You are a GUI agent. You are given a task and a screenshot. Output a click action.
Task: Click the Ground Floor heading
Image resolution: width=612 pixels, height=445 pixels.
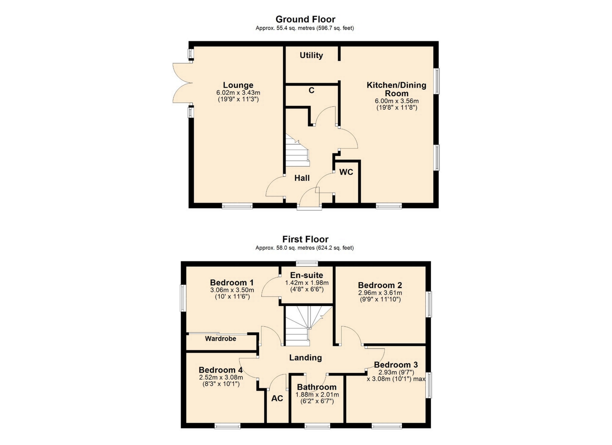[x=305, y=19]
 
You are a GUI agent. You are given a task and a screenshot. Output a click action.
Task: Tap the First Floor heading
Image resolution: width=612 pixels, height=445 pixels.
[x=305, y=239]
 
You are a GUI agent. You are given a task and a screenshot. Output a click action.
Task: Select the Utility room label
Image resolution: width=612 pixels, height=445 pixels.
[x=311, y=55]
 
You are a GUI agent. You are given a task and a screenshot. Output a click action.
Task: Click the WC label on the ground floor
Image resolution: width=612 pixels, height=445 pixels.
[x=346, y=172]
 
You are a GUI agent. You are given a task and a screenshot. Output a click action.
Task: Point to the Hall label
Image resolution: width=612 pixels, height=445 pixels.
[x=302, y=178]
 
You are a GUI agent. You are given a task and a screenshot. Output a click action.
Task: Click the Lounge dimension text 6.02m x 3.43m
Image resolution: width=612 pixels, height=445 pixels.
[x=238, y=93]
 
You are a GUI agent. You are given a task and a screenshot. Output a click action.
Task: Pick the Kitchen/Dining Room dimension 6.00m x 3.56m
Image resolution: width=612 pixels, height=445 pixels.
[x=397, y=101]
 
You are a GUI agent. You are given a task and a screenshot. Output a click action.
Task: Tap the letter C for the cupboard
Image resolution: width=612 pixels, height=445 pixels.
[x=311, y=91]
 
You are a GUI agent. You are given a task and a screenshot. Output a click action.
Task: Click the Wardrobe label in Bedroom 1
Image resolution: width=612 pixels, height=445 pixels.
[x=221, y=339]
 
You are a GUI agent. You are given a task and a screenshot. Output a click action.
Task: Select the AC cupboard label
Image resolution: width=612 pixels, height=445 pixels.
[x=277, y=398]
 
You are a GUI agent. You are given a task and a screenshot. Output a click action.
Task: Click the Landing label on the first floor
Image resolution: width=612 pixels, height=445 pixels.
[x=305, y=358]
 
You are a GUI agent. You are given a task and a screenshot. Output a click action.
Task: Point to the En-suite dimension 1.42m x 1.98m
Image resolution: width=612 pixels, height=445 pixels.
[x=307, y=283]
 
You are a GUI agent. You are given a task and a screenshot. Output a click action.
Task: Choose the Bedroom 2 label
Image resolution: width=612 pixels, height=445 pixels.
[x=380, y=285]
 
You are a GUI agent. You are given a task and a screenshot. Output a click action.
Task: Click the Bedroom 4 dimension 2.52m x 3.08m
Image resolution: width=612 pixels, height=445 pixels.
[x=221, y=377]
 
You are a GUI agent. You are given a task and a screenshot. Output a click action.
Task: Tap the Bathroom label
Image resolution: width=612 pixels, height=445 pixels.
[x=317, y=387]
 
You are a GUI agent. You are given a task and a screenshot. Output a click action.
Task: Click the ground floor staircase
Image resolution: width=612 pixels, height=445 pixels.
[x=297, y=150]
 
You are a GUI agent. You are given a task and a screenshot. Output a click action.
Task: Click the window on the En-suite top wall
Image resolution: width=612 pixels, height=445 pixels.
[x=307, y=263]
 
